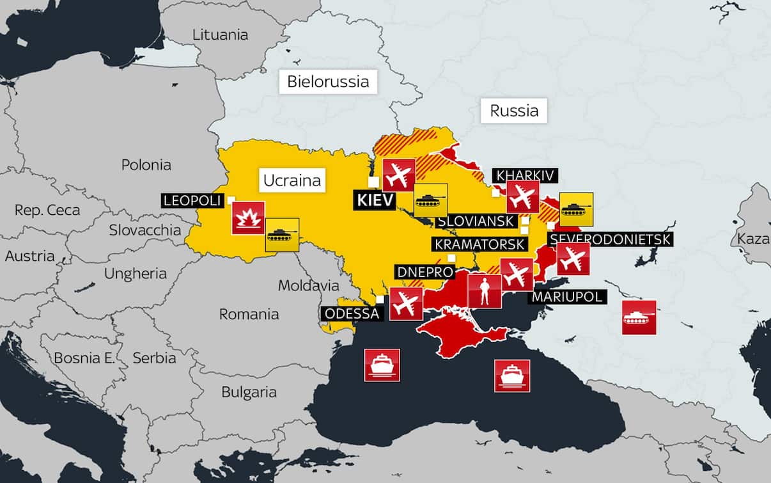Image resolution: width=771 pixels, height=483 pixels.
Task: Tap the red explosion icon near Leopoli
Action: point(248,218)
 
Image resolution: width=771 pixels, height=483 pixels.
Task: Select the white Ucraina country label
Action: point(292,180)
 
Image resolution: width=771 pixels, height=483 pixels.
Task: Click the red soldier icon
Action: point(485,291)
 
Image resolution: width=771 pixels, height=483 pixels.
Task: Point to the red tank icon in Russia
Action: point(639,317)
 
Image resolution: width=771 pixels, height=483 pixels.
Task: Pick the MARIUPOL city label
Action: point(566,297)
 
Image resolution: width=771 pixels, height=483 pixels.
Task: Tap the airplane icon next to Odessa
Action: point(406,304)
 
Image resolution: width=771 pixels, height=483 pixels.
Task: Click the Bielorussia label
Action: point(328,81)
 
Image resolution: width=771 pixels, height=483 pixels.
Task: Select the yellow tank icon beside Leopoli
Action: point(282,235)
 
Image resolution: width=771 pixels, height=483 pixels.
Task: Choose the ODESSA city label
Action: point(352,313)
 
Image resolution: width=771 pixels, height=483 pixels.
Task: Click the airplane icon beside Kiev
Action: point(399,175)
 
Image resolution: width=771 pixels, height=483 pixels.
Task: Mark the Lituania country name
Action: point(220,35)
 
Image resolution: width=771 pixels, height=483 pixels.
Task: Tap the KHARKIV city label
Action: point(526,175)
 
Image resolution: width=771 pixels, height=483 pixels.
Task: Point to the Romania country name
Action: point(249,314)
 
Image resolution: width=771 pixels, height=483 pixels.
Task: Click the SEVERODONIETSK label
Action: point(610,239)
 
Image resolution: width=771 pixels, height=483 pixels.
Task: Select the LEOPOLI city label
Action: point(192,201)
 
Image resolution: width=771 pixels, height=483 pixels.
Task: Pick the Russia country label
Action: point(514,111)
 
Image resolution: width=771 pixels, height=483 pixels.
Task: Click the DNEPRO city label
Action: point(424,273)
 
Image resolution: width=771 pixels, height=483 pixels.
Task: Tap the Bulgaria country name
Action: point(249,392)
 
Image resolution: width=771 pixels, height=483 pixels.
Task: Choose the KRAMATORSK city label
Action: point(479,244)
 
